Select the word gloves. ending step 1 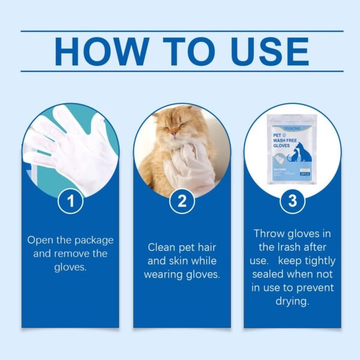tap(70, 267)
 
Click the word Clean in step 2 tap(162, 247)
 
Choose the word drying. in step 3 tap(293, 302)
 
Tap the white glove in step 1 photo tap(66, 144)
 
